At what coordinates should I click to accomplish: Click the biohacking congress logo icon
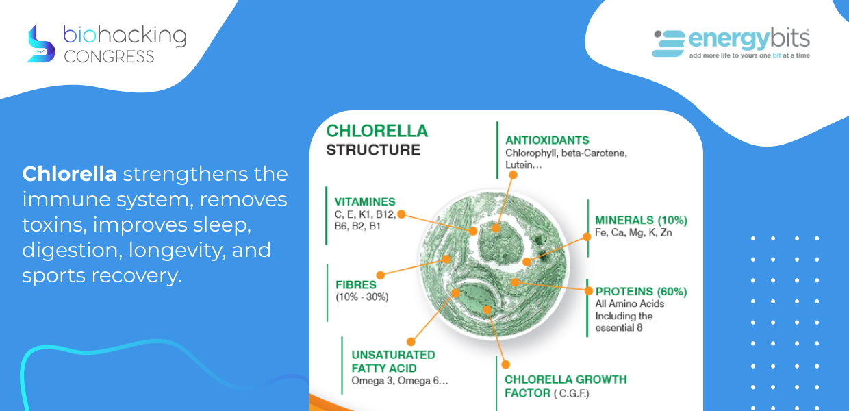(x=41, y=44)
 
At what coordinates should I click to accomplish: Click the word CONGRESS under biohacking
(x=109, y=56)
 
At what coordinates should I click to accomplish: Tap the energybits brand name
(x=749, y=39)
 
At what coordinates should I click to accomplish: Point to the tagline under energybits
(x=749, y=55)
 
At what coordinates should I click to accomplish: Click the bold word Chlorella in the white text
(x=69, y=174)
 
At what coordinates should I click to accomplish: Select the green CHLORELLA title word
(x=377, y=131)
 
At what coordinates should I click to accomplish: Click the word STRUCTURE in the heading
(x=373, y=150)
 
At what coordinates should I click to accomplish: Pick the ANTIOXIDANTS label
(x=547, y=140)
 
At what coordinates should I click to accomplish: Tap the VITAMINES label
(x=365, y=201)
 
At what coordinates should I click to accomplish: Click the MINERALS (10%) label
(x=642, y=220)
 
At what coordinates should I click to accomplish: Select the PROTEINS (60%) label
(x=642, y=291)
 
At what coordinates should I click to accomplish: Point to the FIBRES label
(x=356, y=284)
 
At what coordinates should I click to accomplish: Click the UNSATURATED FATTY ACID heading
(x=394, y=361)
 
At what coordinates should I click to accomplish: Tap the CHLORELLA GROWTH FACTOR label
(x=566, y=386)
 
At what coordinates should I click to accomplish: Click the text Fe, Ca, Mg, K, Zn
(x=633, y=232)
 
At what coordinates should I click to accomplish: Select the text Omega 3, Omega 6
(x=400, y=381)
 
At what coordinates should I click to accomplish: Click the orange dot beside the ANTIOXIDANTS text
(x=513, y=175)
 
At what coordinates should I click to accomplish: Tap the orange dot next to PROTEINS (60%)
(x=588, y=291)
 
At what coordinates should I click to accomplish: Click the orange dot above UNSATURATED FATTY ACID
(x=411, y=342)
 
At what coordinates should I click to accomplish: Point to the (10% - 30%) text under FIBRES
(x=362, y=297)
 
